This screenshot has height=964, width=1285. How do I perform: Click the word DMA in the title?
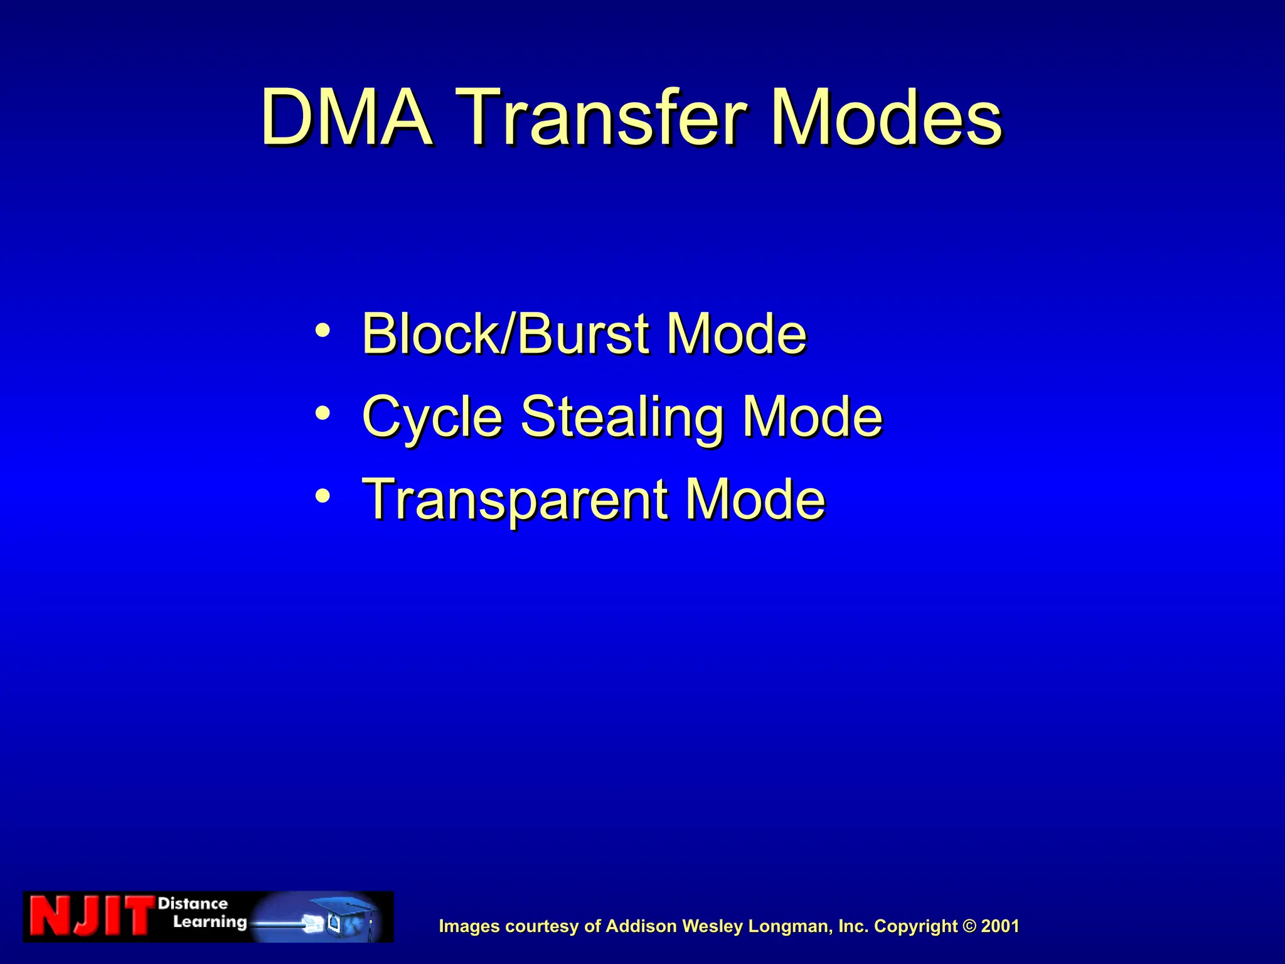pyautogui.click(x=346, y=118)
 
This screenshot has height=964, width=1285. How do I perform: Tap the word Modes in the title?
pyautogui.click(x=886, y=118)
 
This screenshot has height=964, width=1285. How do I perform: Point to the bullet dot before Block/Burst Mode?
pyautogui.click(x=323, y=329)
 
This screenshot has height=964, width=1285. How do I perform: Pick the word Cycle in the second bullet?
pyautogui.click(x=432, y=417)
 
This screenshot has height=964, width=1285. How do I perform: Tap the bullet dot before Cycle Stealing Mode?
pyautogui.click(x=323, y=413)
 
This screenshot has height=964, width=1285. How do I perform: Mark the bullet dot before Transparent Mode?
pyautogui.click(x=323, y=496)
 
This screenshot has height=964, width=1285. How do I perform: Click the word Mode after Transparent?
pyautogui.click(x=755, y=500)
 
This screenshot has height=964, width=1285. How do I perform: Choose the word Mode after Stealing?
pyautogui.click(x=813, y=416)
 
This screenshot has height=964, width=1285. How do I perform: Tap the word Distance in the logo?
pyautogui.click(x=193, y=904)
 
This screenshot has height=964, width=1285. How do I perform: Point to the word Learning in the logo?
pyautogui.click(x=210, y=922)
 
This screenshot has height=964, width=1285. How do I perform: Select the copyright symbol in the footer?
pyautogui.click(x=969, y=926)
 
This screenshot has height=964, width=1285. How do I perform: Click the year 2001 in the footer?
pyautogui.click(x=1000, y=926)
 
